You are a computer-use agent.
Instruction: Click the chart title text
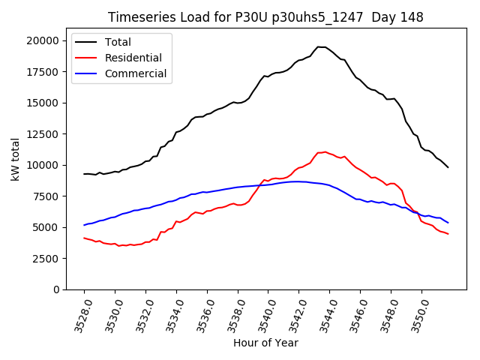pyautogui.click(x=265, y=17)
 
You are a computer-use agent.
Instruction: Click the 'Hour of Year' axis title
pyautogui.click(x=265, y=343)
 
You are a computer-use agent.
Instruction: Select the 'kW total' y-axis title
pyautogui.click(x=15, y=159)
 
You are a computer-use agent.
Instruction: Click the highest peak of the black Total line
pyautogui.click(x=318, y=47)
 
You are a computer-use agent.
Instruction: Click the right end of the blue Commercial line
pyautogui.click(x=448, y=223)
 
